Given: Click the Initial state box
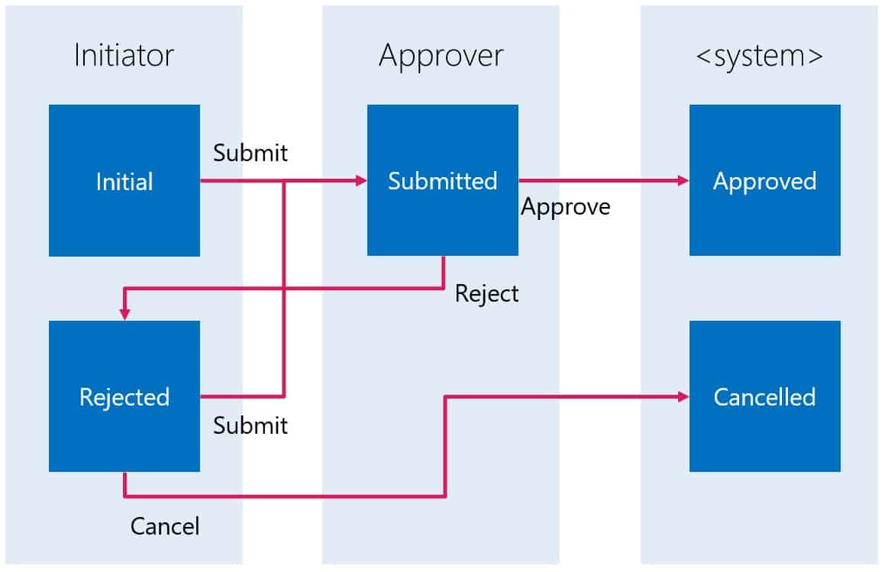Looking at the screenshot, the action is pyautogui.click(x=124, y=180).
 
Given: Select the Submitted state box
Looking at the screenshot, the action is pyautogui.click(x=443, y=180).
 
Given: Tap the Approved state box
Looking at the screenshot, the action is pyautogui.click(x=765, y=180).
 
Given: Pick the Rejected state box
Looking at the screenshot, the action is pyautogui.click(x=124, y=396).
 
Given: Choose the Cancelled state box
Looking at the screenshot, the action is pyautogui.click(x=765, y=396).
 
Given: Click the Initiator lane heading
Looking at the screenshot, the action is pyautogui.click(x=124, y=55).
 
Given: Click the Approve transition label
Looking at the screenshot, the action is pyautogui.click(x=566, y=207).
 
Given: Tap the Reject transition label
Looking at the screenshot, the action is pyautogui.click(x=486, y=294).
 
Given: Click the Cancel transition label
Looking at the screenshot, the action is pyautogui.click(x=165, y=526).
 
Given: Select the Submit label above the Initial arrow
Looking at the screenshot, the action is pyautogui.click(x=250, y=153).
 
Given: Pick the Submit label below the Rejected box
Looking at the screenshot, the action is pyautogui.click(x=250, y=425).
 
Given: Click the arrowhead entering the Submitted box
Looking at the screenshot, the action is pyautogui.click(x=361, y=181).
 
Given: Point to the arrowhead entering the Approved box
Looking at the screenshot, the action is pyautogui.click(x=683, y=181).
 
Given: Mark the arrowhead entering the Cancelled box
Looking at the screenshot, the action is pyautogui.click(x=683, y=397).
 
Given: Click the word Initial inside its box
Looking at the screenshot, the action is pyautogui.click(x=124, y=182).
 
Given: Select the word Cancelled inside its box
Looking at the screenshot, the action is pyautogui.click(x=765, y=397).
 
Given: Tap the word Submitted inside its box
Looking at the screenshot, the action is pyautogui.click(x=443, y=181).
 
